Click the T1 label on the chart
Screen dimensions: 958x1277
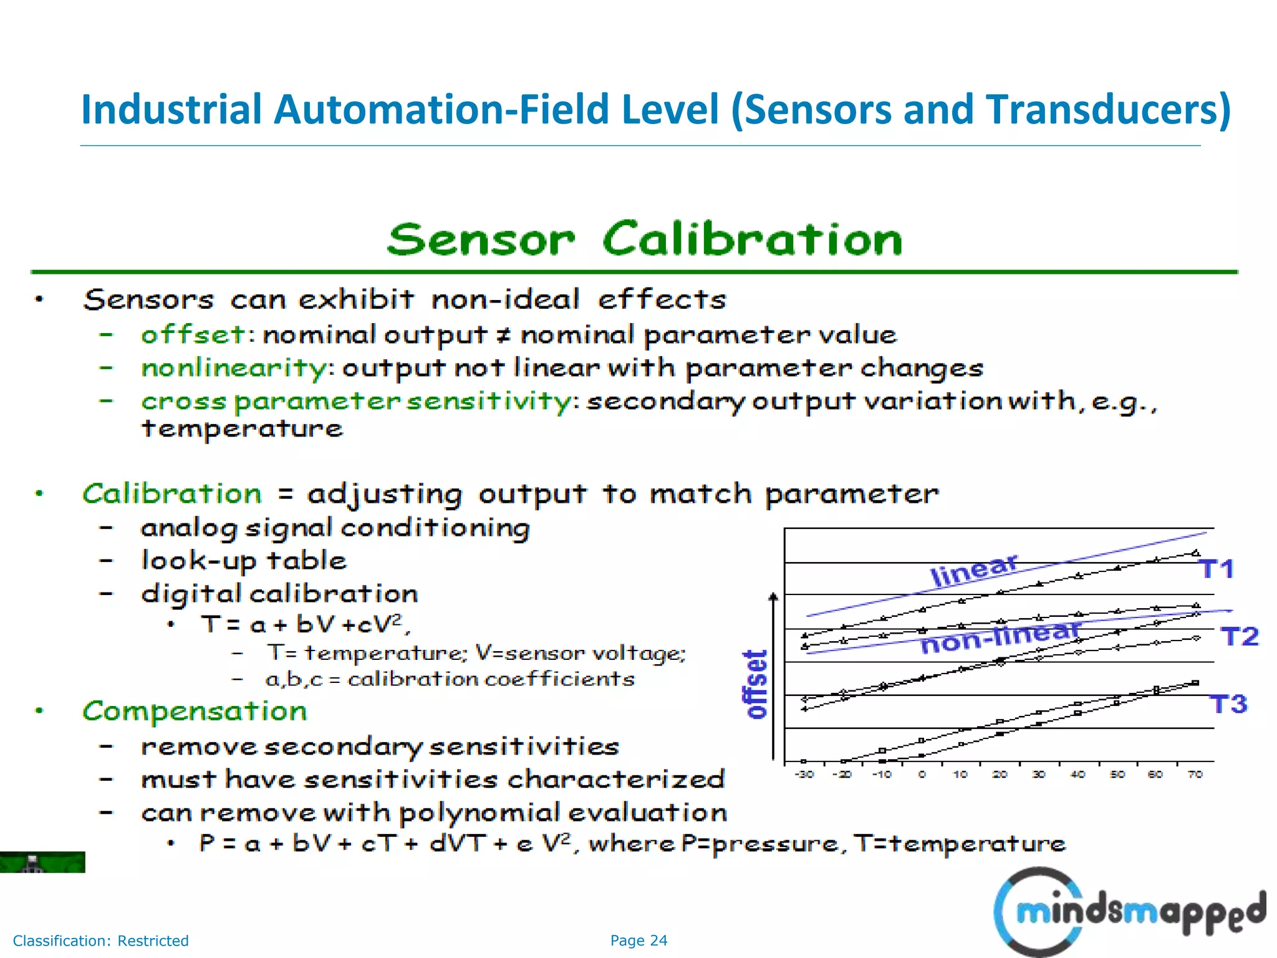pyautogui.click(x=1217, y=569)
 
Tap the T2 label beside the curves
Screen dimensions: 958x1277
pyautogui.click(x=1240, y=637)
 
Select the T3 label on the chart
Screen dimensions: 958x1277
pyautogui.click(x=1228, y=704)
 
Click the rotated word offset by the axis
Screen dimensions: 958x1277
pyautogui.click(x=756, y=684)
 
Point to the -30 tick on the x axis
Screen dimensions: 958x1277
pyautogui.click(x=804, y=775)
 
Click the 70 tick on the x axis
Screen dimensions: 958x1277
pyautogui.click(x=1195, y=775)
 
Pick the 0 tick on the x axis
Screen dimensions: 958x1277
pyautogui.click(x=922, y=775)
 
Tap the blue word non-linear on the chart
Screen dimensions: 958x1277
pyautogui.click(x=1000, y=638)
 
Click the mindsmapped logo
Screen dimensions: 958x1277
pyautogui.click(x=1129, y=912)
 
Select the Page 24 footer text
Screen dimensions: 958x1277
pyautogui.click(x=638, y=941)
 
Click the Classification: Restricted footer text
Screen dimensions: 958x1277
pyautogui.click(x=100, y=941)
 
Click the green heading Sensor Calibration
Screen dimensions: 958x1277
pyautogui.click(x=644, y=239)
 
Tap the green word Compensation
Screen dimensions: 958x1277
pyautogui.click(x=195, y=711)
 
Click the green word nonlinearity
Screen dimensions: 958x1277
pyautogui.click(x=233, y=368)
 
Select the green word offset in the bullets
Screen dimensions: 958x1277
pyautogui.click(x=193, y=335)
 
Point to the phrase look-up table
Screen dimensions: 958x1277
pyautogui.click(x=244, y=561)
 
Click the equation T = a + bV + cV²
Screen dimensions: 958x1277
pyautogui.click(x=305, y=624)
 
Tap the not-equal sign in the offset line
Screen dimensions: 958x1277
pyautogui.click(x=503, y=336)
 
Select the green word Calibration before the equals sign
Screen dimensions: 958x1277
pyautogui.click(x=172, y=494)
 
